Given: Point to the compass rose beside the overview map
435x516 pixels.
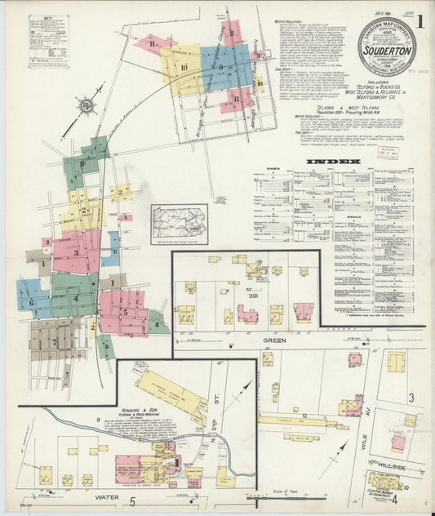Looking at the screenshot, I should point(85,106).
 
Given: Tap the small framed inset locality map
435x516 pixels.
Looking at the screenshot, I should point(179,224).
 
